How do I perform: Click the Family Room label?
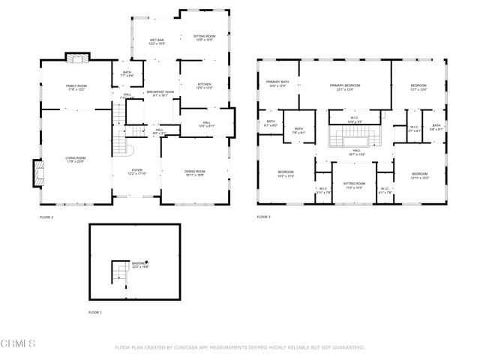[x=76, y=87]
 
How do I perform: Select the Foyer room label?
[x=136, y=172]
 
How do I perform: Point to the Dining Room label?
[x=195, y=172]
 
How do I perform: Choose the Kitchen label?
[x=205, y=86]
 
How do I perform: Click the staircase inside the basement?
[x=118, y=271]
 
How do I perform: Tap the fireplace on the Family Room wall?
[x=76, y=58]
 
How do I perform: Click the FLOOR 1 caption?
[x=95, y=311]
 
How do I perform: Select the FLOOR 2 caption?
[x=46, y=217]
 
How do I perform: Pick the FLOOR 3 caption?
[x=263, y=217]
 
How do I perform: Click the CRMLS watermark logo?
[x=18, y=344]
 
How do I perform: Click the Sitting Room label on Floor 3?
[x=354, y=184]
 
